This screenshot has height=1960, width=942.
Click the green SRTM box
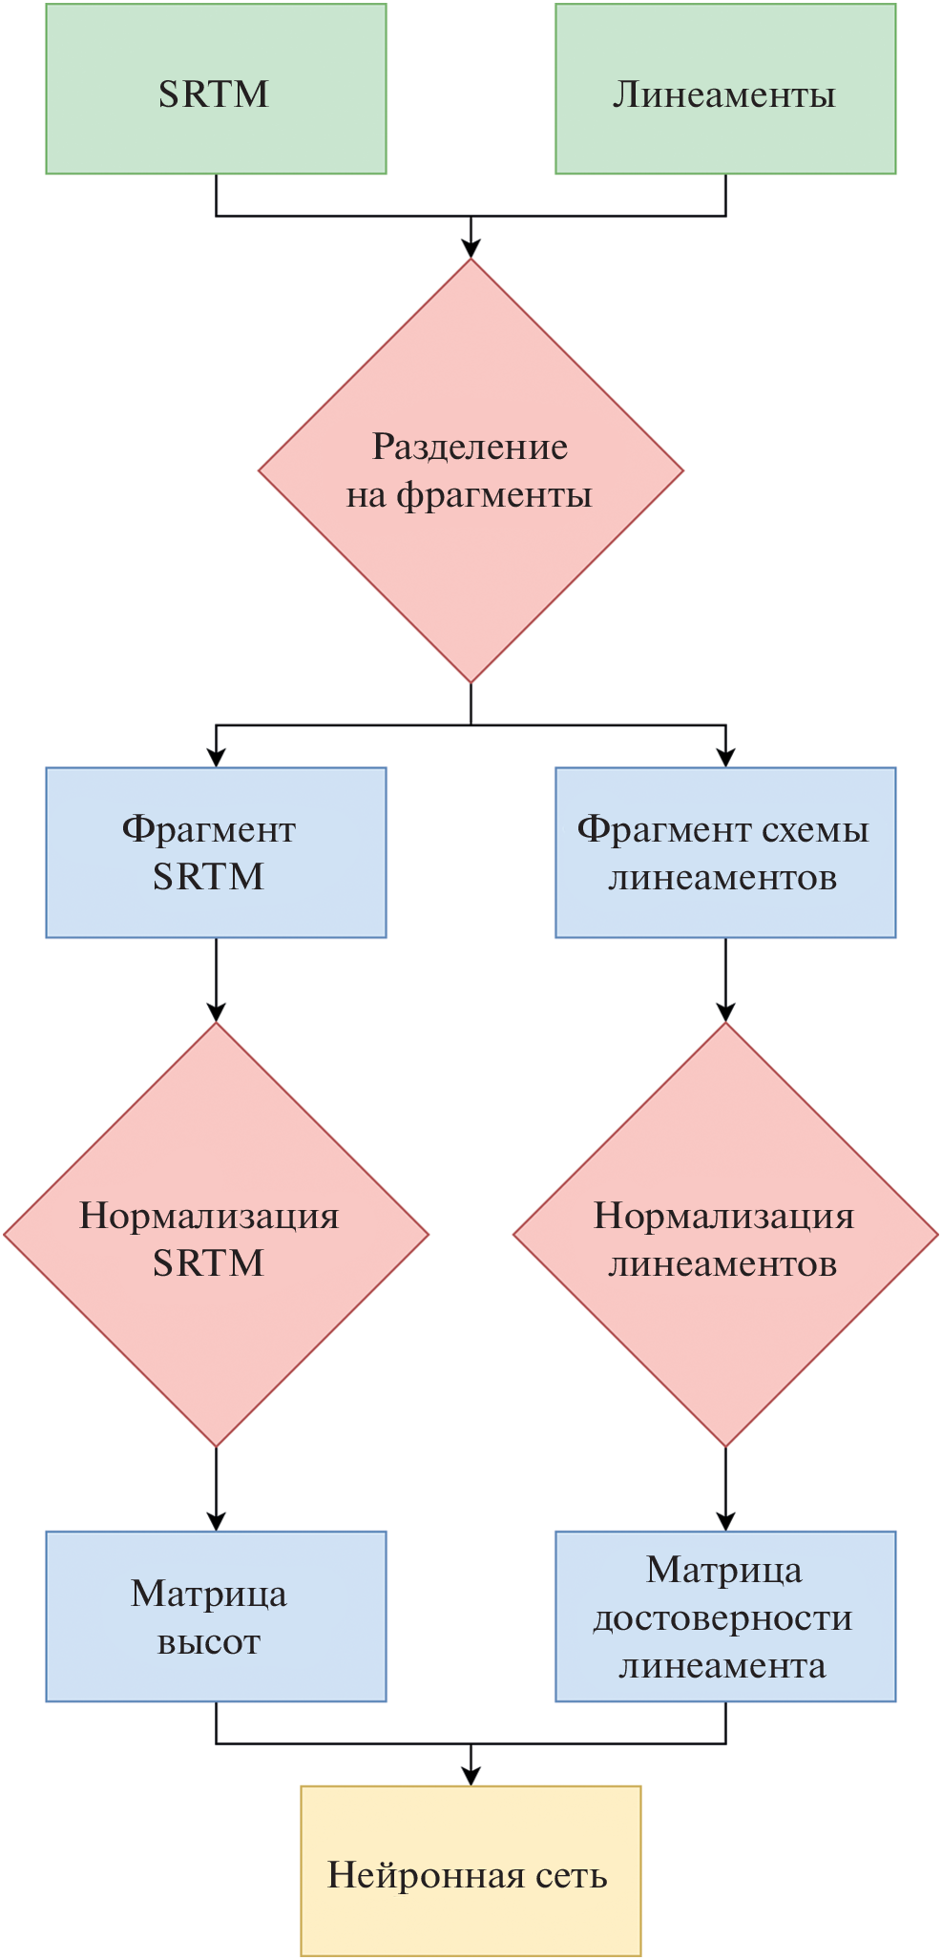[216, 89]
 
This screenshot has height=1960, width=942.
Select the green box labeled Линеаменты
[725, 89]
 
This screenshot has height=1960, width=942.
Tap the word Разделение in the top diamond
[470, 447]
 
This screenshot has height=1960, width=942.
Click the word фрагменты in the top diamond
[493, 495]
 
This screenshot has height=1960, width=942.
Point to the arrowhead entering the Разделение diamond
[471, 248]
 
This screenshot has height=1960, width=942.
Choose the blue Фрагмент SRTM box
[216, 852]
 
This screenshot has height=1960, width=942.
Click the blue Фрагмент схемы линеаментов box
[725, 852]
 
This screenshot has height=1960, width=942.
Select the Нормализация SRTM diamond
[216, 1235]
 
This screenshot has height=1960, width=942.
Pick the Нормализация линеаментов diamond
[725, 1235]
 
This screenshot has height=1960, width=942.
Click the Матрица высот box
[216, 1616]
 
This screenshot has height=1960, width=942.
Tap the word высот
[208, 1642]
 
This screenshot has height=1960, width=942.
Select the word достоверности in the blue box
[722, 1618]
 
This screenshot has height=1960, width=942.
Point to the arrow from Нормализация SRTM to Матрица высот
[217, 1490]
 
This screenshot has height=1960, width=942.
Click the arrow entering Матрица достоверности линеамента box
[725, 1490]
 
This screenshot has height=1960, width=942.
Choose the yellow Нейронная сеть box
[471, 1871]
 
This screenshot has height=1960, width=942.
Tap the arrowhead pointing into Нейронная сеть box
[471, 1775]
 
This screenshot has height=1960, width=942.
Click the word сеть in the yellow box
[571, 1876]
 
